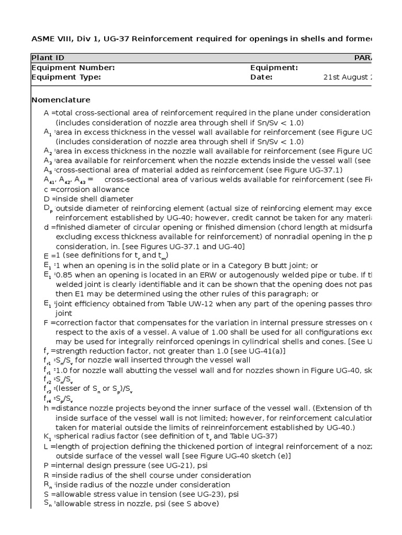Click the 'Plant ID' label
point(48,57)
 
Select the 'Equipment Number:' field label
point(73,67)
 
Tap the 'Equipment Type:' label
point(66,77)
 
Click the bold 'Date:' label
point(262,77)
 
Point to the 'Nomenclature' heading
point(61,100)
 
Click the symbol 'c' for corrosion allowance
point(46,189)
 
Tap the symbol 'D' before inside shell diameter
point(47,199)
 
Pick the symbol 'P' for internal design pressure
point(46,465)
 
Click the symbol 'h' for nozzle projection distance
point(46,408)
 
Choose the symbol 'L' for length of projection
point(46,446)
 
